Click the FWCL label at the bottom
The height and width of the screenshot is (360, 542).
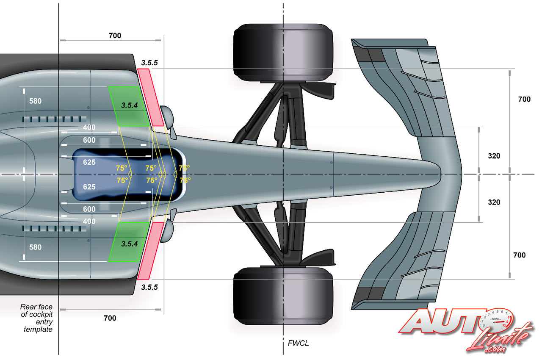[x=298, y=343]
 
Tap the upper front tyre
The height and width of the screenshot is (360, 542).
[x=283, y=53]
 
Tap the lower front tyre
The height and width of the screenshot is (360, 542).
[x=283, y=295]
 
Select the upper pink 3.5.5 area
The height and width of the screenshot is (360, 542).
[x=151, y=97]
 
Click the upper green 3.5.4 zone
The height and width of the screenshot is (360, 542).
[x=129, y=106]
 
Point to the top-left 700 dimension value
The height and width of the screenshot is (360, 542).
[x=115, y=36]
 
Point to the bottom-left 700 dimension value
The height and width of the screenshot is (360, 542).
[x=110, y=318]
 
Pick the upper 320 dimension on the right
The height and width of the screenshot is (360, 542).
[x=494, y=156]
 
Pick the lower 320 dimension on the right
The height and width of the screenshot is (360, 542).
[x=494, y=202]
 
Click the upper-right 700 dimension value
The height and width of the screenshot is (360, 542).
[x=524, y=100]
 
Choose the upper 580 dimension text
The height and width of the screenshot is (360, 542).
[x=35, y=101]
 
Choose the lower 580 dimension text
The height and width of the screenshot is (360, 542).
[x=35, y=247]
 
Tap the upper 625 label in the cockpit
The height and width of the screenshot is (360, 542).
[x=89, y=162]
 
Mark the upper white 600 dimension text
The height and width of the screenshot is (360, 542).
[x=89, y=140]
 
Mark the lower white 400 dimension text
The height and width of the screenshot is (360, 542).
[x=89, y=221]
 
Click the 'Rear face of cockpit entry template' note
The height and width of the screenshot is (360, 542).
[x=36, y=318]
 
